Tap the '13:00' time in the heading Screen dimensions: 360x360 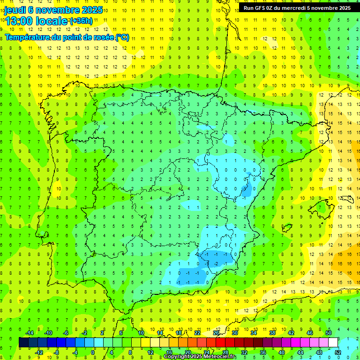click(20, 21)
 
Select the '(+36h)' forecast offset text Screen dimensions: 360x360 click(82, 21)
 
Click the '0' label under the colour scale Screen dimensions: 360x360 click(93, 352)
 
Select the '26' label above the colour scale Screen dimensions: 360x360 click(216, 333)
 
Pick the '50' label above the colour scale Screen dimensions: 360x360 click(329, 333)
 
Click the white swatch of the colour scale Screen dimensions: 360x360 click(333, 343)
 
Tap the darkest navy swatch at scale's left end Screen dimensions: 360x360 click(23, 343)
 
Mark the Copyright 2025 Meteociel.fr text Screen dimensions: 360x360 click(200, 357)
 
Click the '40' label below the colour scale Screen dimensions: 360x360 click(282, 352)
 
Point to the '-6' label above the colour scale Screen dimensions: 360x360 click(66, 333)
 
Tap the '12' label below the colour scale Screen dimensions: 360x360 click(150, 352)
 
